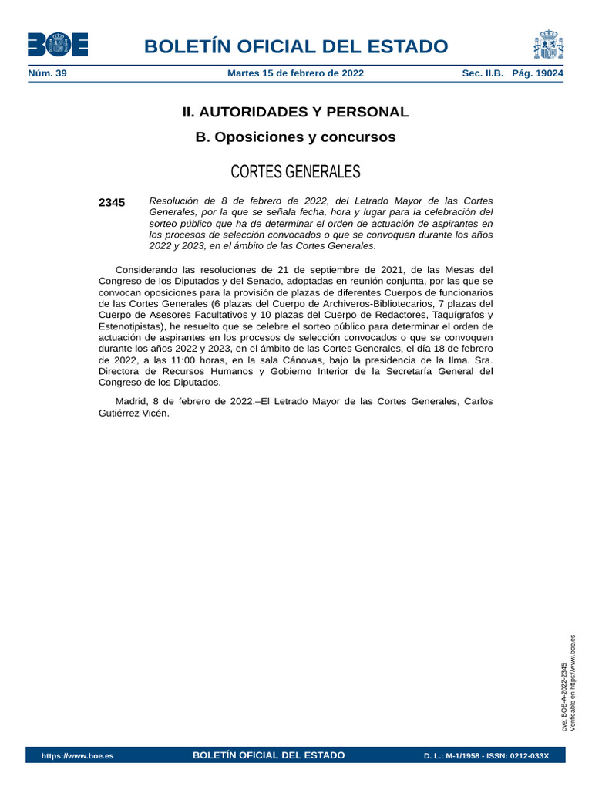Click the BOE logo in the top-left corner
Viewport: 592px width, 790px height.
(x=58, y=45)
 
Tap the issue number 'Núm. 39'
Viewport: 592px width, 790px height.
(x=47, y=73)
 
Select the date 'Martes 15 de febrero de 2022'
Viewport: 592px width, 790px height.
(x=296, y=73)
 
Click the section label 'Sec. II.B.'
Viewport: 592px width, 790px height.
(x=483, y=73)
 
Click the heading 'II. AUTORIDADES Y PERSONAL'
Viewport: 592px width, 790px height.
(x=295, y=112)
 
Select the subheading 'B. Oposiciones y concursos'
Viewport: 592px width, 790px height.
(x=295, y=137)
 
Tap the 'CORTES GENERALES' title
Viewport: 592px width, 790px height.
(x=295, y=171)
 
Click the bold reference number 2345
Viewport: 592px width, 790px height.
(x=112, y=202)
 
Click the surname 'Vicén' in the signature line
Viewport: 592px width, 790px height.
(x=152, y=413)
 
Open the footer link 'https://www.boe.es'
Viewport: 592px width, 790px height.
(x=77, y=755)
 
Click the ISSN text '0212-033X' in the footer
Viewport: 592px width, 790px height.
(x=526, y=755)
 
